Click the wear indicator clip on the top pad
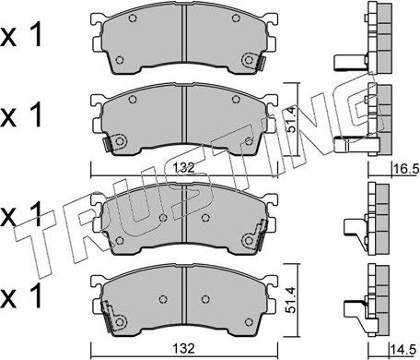click(248, 61)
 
